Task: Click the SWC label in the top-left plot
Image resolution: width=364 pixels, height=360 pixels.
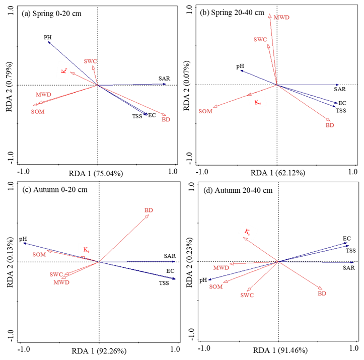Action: [x=91, y=61]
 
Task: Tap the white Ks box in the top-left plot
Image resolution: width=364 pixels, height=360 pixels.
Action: [x=63, y=70]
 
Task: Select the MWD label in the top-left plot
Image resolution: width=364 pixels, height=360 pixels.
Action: [x=43, y=95]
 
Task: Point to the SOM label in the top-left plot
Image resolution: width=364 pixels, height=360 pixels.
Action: [x=38, y=111]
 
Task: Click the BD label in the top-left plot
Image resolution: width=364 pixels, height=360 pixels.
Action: [x=166, y=120]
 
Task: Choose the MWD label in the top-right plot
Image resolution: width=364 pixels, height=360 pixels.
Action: [x=281, y=18]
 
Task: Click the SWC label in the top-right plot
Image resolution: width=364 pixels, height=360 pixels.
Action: [x=260, y=39]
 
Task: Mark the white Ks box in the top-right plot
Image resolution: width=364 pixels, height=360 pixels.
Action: [x=258, y=102]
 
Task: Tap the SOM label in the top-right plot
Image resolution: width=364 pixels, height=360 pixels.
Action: [x=205, y=111]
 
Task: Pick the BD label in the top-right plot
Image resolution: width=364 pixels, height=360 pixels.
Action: [x=330, y=125]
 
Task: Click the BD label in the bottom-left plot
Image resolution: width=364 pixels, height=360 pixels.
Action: [x=149, y=210]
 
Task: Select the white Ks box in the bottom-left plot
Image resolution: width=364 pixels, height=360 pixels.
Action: [x=86, y=249]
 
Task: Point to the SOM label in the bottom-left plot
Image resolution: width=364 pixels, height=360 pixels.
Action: [x=39, y=255]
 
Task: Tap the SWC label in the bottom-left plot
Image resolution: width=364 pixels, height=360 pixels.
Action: [x=56, y=275]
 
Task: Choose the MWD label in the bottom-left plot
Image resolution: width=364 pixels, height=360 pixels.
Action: [x=61, y=282]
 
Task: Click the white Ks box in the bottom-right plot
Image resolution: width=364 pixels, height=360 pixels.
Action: [x=248, y=232]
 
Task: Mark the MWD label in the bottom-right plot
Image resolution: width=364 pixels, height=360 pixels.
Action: [x=221, y=268]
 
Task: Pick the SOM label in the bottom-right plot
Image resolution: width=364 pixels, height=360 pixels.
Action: [x=216, y=287]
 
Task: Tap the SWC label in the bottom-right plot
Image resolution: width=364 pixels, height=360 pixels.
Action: [x=247, y=296]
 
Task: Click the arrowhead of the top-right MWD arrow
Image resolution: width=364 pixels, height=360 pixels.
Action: [x=270, y=15]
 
